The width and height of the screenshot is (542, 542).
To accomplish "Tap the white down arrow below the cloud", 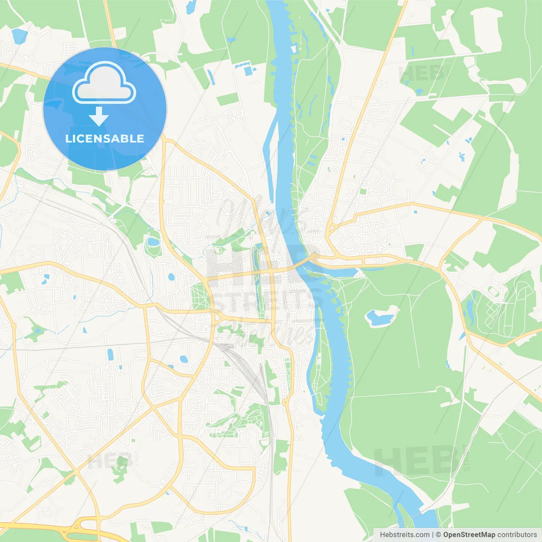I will (x=99, y=116).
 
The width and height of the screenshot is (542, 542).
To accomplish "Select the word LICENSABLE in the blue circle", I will (x=105, y=138).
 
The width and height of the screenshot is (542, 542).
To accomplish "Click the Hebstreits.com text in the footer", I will (x=404, y=535).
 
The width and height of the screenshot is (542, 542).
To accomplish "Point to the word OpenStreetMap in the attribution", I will (x=469, y=535).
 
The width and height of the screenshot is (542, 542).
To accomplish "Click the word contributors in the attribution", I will (x=517, y=535).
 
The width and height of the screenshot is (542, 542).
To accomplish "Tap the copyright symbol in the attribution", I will (x=438, y=535).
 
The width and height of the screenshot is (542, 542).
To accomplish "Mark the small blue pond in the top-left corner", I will (x=19, y=36).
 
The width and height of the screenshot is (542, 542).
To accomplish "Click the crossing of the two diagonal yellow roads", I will (x=76, y=471).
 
